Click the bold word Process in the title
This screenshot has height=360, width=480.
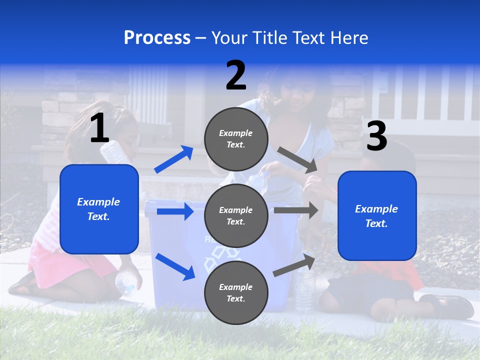coord(157,37)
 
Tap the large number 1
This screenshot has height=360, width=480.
coord(99,128)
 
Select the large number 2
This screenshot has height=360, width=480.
coord(236,75)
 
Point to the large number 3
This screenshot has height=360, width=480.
coord(376,136)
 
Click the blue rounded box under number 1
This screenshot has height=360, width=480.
coord(99,209)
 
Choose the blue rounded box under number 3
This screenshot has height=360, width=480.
coord(377,215)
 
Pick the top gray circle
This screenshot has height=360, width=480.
coord(236,139)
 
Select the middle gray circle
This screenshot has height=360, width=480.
coord(236,215)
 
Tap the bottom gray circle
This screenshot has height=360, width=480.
coord(236,292)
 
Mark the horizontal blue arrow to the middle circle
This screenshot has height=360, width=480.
coord(175,211)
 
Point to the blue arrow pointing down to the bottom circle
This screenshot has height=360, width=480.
coord(175,266)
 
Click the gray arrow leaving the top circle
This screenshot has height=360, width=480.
coord(298,159)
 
